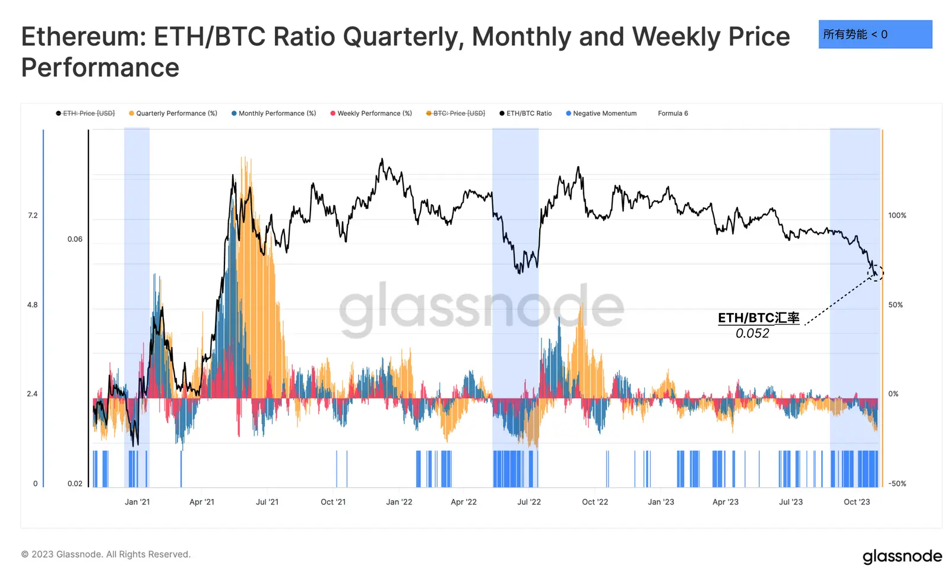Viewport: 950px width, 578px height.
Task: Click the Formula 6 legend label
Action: point(673,113)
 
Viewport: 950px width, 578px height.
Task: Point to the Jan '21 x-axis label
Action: point(137,502)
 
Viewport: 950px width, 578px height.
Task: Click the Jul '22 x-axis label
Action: point(529,502)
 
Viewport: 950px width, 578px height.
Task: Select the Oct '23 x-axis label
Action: point(857,502)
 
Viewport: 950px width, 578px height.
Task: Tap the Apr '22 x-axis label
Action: point(464,502)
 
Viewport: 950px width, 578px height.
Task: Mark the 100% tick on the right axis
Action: point(897,216)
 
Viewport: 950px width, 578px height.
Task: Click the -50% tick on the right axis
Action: point(897,484)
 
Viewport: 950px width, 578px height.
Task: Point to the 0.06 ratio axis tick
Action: point(75,239)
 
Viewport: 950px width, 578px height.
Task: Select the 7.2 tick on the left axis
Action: point(33,216)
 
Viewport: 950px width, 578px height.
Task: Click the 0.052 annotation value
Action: point(752,333)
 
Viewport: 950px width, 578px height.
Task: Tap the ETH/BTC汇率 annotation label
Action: point(758,318)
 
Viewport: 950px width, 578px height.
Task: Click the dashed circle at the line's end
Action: point(876,273)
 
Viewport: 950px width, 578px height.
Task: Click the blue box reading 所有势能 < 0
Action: point(875,34)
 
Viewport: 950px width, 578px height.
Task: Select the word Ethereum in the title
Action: point(83,37)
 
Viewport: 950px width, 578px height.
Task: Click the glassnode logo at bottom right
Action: point(902,557)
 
